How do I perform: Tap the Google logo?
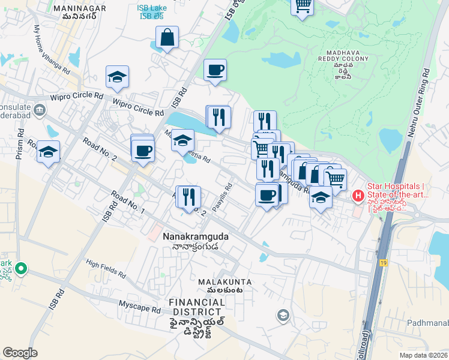20,353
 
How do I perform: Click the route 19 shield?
383,262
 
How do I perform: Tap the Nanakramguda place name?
195,237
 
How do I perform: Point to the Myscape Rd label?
140,307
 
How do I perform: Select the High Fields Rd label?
105,268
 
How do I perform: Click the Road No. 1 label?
127,202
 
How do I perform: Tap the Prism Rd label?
20,144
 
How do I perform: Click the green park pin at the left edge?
21,269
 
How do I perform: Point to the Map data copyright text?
424,355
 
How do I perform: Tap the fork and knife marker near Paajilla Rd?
189,196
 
